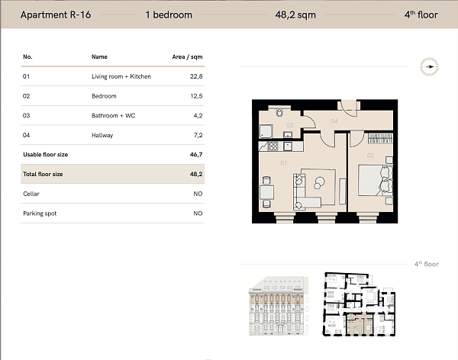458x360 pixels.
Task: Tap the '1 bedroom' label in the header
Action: click(168, 14)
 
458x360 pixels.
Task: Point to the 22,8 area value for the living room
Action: click(196, 76)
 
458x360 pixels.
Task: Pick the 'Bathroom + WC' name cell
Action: click(111, 116)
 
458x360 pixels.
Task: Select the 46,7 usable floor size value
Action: click(196, 155)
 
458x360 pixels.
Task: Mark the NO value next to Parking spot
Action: click(198, 214)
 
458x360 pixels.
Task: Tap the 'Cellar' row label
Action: click(31, 194)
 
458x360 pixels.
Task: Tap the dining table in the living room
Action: click(265, 188)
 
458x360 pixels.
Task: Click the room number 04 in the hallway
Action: click(334, 121)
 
